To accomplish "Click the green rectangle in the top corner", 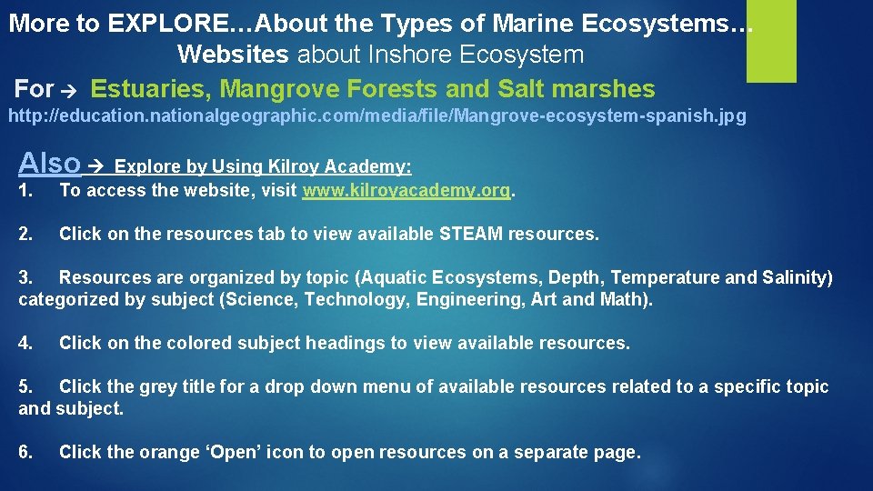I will point(771,41).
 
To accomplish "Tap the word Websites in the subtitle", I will point(233,55).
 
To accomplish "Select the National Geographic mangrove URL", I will point(376,117).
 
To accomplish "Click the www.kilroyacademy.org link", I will point(407,191).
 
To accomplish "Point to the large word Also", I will point(50,163).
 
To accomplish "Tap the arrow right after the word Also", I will point(98,166).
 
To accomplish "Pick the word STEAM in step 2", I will point(471,234).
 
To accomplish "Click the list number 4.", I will point(25,343).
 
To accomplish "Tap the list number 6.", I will point(25,452).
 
